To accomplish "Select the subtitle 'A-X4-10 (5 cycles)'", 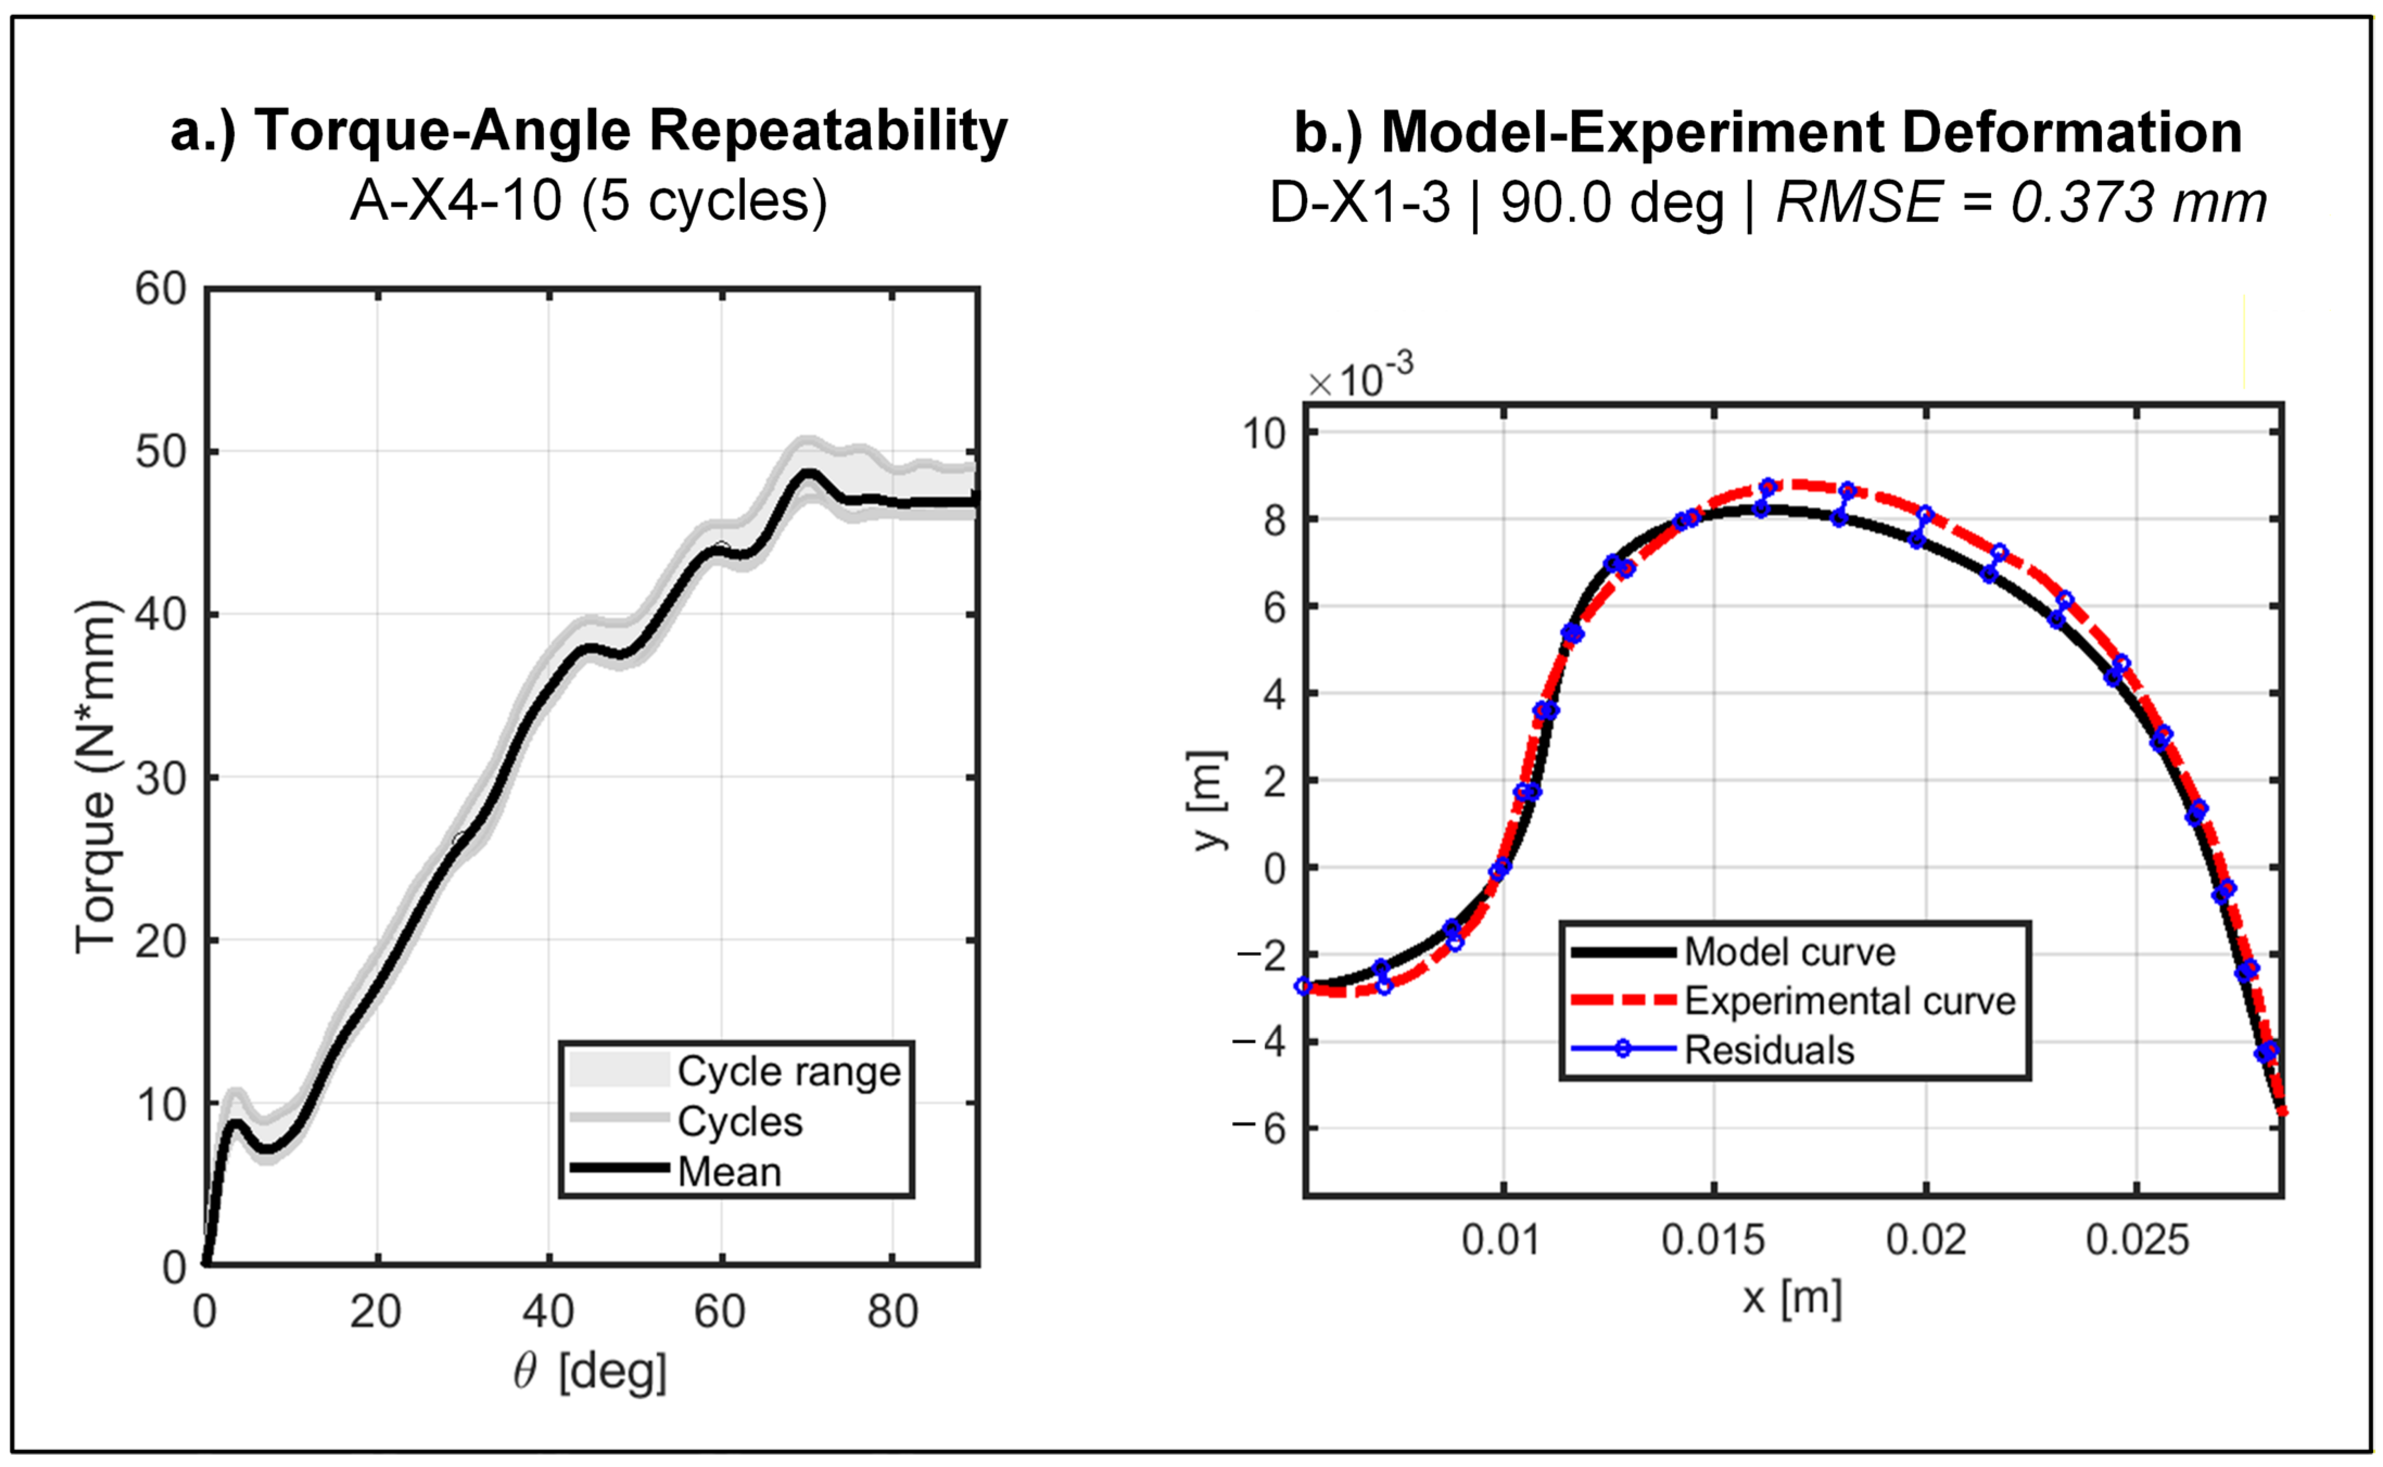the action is pos(589,201).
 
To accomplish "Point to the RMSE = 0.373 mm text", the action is pos(2021,203).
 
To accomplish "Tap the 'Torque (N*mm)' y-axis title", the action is pos(96,776).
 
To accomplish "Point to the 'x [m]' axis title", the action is pos(1791,1297).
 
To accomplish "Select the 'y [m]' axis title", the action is pos(1209,801).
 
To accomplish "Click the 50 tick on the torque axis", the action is pos(161,452).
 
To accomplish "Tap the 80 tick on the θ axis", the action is pos(892,1312).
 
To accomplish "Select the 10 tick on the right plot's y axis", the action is pos(1263,433).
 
